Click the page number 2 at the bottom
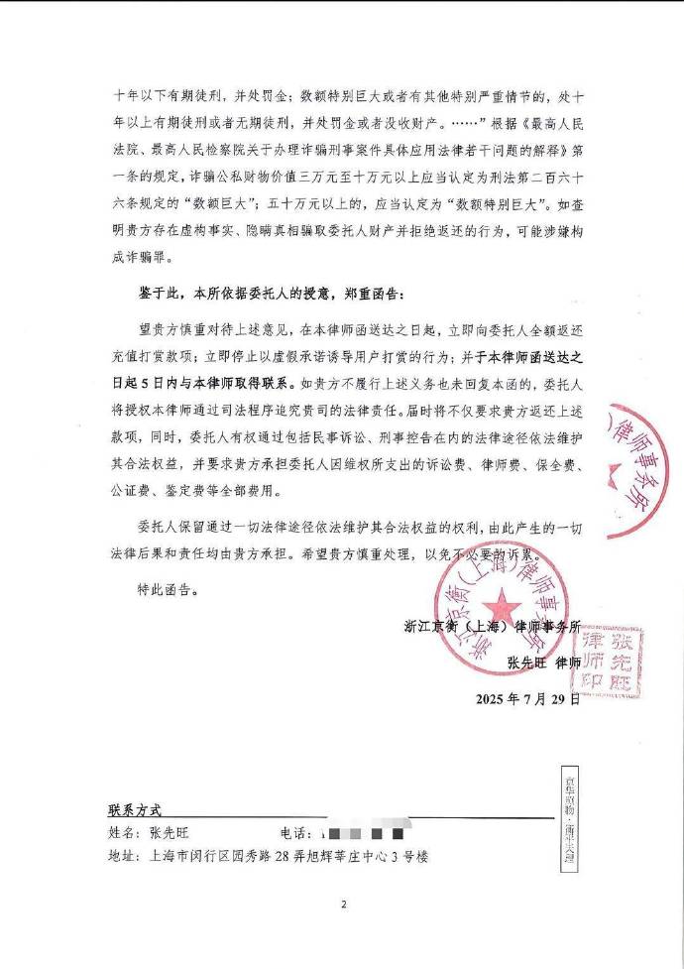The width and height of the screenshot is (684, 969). click(x=342, y=905)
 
